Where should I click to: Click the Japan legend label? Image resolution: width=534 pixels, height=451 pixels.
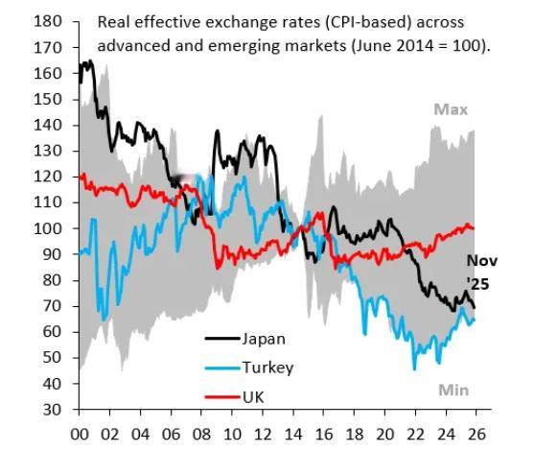click(263, 338)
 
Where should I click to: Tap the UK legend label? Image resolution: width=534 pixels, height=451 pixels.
click(253, 395)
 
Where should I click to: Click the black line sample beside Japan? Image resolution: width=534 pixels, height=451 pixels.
click(221, 338)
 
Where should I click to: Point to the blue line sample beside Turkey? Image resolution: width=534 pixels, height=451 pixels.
click(221, 367)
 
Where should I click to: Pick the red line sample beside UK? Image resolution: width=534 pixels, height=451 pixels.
click(221, 395)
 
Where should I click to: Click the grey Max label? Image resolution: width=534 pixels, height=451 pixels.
click(451, 109)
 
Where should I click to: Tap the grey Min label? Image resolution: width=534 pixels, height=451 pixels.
click(453, 390)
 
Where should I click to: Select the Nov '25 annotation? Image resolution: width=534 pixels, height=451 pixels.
click(482, 271)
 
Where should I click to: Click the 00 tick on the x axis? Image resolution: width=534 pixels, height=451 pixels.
click(80, 432)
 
